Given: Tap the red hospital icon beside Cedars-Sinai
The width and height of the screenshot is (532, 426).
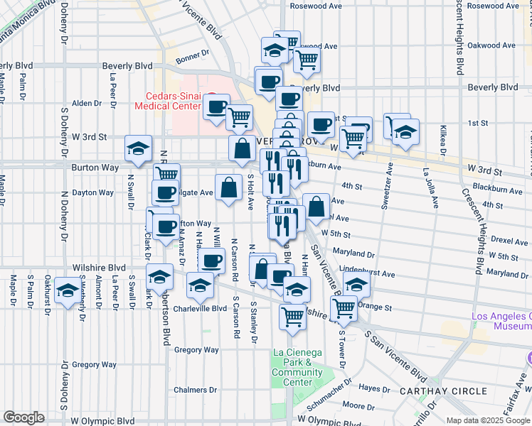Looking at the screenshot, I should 210,97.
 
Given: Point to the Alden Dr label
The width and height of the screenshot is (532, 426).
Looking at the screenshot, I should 87,103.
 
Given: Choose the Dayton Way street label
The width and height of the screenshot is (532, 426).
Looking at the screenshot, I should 93,192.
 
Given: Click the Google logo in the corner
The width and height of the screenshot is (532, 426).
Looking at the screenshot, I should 23,417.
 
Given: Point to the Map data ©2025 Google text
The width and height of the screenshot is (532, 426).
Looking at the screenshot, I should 487,420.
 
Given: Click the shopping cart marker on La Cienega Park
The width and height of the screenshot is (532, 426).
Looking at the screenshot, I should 292,316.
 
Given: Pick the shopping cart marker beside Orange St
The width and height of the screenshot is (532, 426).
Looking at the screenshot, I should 344,307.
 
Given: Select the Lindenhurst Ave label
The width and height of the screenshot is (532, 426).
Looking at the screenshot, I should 367,273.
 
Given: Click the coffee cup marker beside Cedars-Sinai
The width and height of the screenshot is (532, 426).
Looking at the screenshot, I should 216,108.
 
